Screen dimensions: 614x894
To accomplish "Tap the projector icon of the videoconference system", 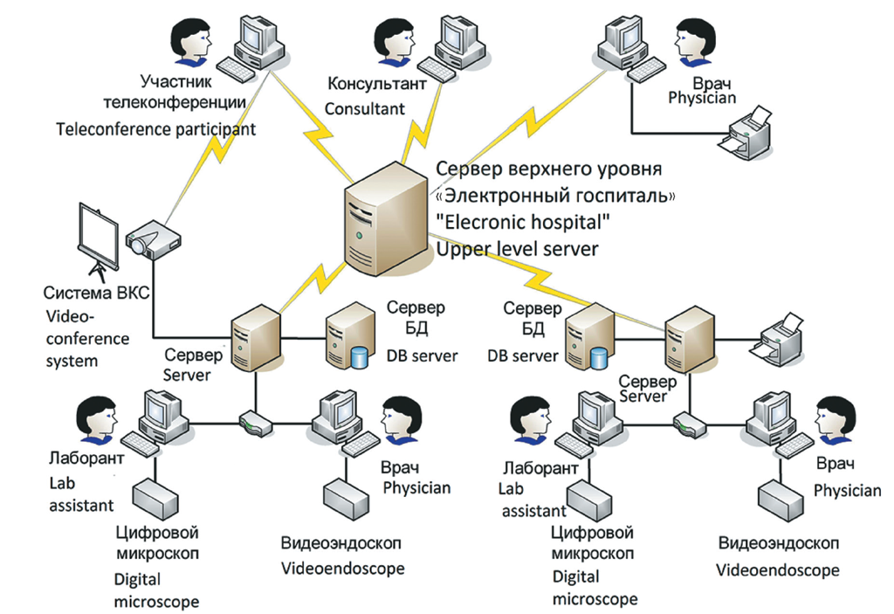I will coord(149,239).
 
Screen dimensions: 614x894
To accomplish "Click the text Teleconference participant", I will coord(156,129).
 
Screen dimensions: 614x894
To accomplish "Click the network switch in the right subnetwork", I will coord(686,424).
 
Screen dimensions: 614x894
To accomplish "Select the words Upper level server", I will coord(517,249).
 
